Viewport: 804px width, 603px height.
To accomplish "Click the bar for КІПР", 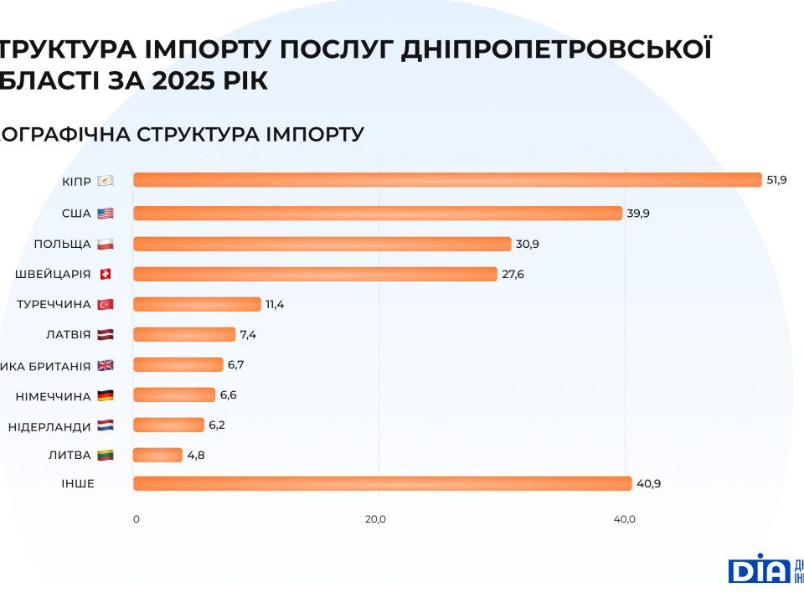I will (x=447, y=180).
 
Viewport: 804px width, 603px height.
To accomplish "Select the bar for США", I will (x=377, y=213).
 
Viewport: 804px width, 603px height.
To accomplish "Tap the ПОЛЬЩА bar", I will (x=322, y=244).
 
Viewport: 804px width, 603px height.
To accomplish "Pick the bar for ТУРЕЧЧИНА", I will (x=197, y=304).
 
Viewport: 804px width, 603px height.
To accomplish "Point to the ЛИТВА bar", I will (x=157, y=455).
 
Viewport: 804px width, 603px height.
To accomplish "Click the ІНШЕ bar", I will (x=382, y=483).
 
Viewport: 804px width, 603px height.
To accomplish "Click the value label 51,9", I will (x=776, y=180).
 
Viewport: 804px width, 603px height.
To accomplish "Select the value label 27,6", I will (x=513, y=274).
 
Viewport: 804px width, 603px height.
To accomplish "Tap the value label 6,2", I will (x=217, y=425).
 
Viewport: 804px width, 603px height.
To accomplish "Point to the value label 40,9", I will (x=649, y=483).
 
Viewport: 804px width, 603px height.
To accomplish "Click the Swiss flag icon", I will (x=105, y=274).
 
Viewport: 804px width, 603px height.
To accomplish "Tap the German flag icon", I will (x=105, y=395).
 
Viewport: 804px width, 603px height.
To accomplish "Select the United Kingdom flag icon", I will (x=105, y=365).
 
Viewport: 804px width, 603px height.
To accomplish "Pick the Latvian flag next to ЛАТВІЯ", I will (x=105, y=335).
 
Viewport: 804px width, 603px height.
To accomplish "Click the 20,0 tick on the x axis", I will (x=375, y=519).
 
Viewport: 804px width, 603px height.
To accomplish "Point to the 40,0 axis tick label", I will (x=624, y=519).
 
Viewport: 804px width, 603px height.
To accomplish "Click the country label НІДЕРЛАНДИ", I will (x=49, y=426).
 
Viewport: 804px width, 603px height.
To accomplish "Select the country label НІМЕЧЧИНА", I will (x=53, y=396).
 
